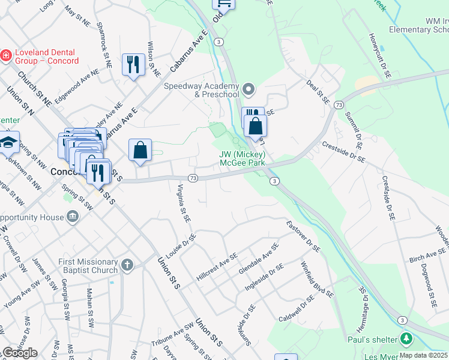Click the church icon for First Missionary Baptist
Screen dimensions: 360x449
127,265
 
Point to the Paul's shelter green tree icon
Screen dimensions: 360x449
407,340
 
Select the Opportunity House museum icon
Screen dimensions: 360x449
73,216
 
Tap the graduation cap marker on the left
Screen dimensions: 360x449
9,143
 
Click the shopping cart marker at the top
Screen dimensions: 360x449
223,3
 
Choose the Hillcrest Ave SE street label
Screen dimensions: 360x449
217,267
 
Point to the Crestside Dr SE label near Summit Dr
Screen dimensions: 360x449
343,150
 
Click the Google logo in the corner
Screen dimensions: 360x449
19,353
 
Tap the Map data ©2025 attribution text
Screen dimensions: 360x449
423,355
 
